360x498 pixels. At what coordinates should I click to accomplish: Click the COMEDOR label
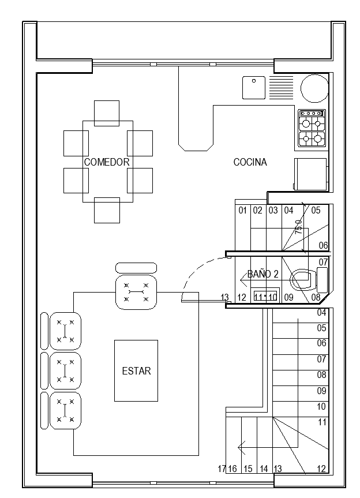[107, 162]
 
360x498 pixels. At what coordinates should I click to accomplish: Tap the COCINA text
[250, 162]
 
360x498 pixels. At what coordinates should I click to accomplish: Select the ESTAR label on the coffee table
[136, 371]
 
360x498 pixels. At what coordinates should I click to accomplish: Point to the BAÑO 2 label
[263, 274]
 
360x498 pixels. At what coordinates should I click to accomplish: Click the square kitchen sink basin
[253, 87]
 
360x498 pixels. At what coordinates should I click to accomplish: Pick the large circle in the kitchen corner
[314, 88]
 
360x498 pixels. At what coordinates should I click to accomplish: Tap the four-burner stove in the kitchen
[312, 128]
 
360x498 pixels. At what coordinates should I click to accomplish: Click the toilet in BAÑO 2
[303, 280]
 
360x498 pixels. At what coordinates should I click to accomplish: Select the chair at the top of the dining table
[107, 113]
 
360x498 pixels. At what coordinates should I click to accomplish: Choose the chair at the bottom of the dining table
[107, 209]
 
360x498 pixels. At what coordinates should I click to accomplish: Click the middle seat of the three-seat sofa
[65, 370]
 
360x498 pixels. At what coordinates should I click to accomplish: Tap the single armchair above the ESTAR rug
[136, 293]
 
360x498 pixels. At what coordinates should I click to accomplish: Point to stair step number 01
[242, 211]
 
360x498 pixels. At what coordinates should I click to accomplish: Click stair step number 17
[222, 469]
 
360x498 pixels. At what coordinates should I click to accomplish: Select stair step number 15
[247, 469]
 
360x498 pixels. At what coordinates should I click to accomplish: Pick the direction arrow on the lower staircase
[243, 446]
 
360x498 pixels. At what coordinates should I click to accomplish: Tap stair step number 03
[273, 211]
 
